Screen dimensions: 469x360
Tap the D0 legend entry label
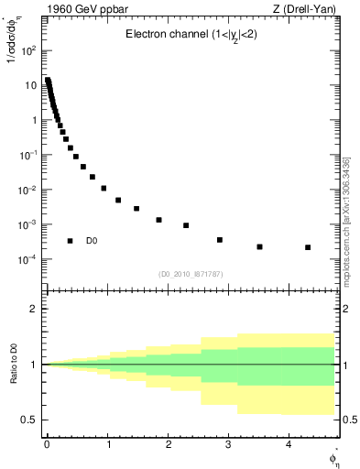92,241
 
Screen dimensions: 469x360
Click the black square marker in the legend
70,241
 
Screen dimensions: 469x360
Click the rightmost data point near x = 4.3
308,247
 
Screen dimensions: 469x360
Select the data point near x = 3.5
260,246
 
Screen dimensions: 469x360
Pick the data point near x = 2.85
220,240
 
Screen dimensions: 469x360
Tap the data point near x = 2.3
186,225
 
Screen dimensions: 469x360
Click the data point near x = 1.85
159,220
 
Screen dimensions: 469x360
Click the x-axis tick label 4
289,445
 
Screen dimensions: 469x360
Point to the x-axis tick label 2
168,445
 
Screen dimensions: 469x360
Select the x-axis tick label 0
47,445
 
